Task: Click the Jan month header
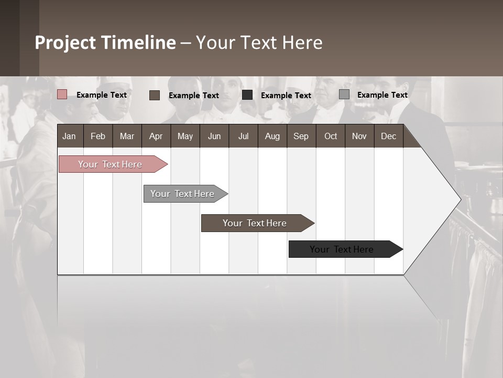(x=69, y=136)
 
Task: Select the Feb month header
(x=98, y=136)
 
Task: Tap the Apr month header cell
(x=156, y=136)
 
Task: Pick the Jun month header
(x=214, y=136)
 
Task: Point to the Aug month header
(x=272, y=136)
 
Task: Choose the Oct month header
(x=331, y=136)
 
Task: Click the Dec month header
(x=388, y=136)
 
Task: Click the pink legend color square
(x=62, y=94)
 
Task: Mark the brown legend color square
(x=155, y=95)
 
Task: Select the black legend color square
(x=247, y=95)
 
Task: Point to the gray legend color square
(x=344, y=94)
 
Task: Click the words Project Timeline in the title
(x=105, y=43)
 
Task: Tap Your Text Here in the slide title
(x=259, y=43)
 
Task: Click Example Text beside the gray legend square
(x=382, y=94)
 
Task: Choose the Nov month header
(x=359, y=136)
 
